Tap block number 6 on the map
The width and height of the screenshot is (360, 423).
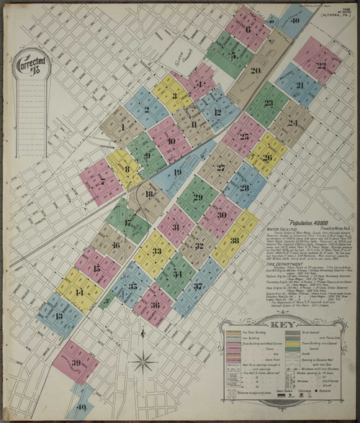click(248, 29)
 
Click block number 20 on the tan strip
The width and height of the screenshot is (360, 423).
click(255, 70)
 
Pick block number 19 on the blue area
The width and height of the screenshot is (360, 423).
click(177, 172)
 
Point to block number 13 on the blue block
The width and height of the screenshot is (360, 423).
click(58, 316)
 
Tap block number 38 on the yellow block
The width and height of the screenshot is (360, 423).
click(235, 240)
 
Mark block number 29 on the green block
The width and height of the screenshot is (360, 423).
click(197, 197)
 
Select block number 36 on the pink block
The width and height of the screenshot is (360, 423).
click(156, 304)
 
